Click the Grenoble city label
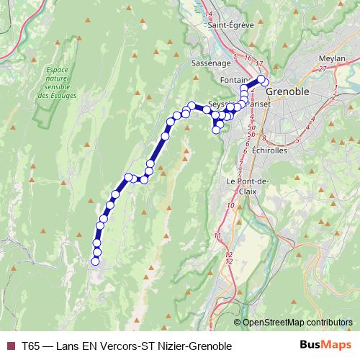287,92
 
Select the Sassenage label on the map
210,63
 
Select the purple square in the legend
10,346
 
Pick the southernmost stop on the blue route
96,261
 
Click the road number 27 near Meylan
322,68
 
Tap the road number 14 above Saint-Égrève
209,14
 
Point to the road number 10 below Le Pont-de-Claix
230,207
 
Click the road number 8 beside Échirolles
264,138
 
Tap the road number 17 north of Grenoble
259,64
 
